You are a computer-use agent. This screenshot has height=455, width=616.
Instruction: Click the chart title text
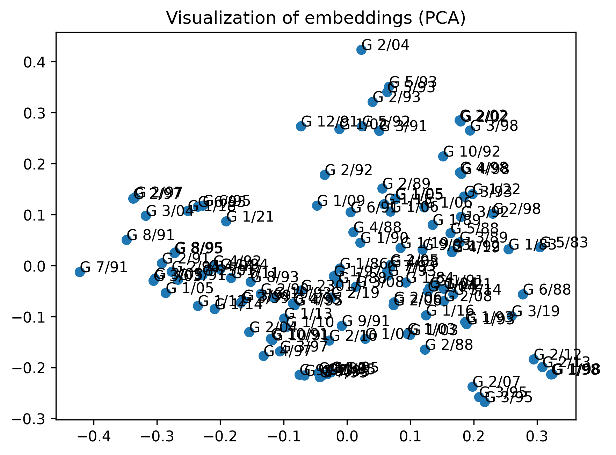[x=316, y=18]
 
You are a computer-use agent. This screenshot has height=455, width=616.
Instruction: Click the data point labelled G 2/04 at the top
[x=361, y=50]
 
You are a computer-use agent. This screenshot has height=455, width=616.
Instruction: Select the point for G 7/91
[x=80, y=272]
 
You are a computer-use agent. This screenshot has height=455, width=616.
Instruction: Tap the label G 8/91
[x=150, y=235]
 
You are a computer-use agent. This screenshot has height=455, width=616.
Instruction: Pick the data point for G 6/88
[x=523, y=294]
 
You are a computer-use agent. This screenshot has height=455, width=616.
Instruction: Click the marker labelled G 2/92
[x=325, y=175]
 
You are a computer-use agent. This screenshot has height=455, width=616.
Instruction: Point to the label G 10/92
[x=471, y=152]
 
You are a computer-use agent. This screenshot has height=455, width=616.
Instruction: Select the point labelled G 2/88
[x=425, y=349]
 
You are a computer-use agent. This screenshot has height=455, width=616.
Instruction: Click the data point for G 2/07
[x=472, y=387]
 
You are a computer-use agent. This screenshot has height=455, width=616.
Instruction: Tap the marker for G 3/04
[x=146, y=216]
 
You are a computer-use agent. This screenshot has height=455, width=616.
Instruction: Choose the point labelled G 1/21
[x=226, y=221]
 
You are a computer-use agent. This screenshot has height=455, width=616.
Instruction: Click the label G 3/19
[x=535, y=311]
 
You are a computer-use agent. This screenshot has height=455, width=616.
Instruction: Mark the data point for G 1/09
[x=317, y=205]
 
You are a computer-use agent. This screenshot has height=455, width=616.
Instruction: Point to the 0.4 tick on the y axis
[x=35, y=62]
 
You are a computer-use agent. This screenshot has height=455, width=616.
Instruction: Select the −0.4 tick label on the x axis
[x=94, y=436]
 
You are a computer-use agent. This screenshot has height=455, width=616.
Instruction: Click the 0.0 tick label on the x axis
[x=347, y=436]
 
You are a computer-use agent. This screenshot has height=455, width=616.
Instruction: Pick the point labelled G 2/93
[x=372, y=102]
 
